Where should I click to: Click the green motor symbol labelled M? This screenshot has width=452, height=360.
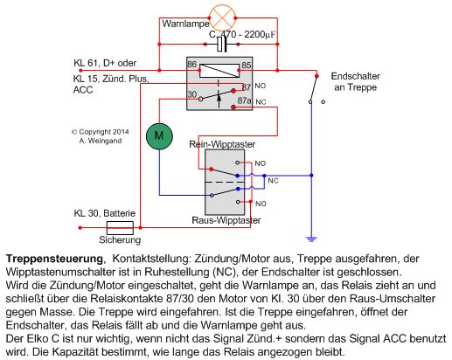click(159, 136)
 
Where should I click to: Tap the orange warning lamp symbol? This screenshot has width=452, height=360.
click(222, 17)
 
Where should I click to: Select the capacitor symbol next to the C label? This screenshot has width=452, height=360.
click(222, 45)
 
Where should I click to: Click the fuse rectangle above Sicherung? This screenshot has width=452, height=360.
click(120, 228)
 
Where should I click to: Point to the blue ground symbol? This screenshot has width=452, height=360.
click(311, 239)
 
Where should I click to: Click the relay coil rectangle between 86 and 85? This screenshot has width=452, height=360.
click(219, 71)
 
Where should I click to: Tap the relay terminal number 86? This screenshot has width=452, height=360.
click(192, 64)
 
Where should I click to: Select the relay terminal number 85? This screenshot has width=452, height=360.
click(247, 65)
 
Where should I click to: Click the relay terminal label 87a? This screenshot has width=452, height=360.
click(244, 100)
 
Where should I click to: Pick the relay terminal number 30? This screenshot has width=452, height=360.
click(192, 94)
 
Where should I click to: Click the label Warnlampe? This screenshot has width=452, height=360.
click(185, 24)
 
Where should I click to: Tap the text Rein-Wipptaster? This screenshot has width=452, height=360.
click(222, 144)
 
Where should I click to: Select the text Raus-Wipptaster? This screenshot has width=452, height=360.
click(226, 220)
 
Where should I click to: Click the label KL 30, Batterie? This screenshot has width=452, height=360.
click(105, 213)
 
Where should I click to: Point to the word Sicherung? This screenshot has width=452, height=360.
click(120, 239)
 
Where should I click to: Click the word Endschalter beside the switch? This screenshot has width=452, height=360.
click(356, 76)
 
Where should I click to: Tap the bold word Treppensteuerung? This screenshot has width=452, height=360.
click(54, 259)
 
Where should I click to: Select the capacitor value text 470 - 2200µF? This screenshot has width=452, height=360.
click(247, 34)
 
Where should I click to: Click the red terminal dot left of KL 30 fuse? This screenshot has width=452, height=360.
click(80, 228)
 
